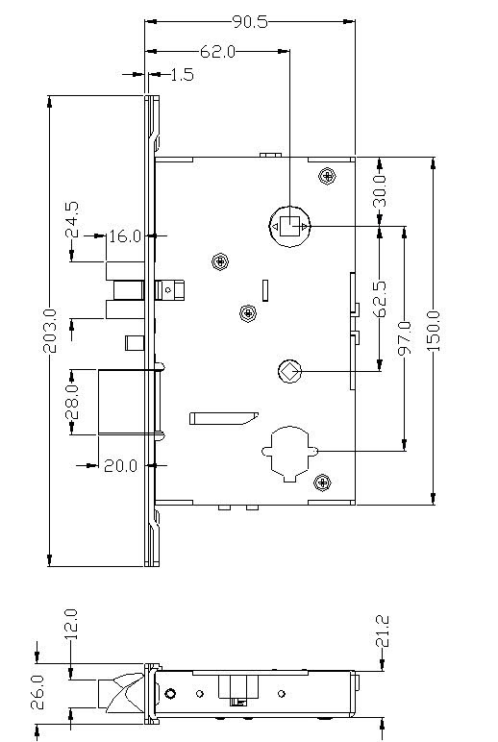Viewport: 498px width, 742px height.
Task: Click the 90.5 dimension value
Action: (250, 22)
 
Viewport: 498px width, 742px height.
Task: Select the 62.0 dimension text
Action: (218, 52)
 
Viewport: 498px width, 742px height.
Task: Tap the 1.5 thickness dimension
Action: (183, 75)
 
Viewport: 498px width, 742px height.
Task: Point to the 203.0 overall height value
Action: (50, 331)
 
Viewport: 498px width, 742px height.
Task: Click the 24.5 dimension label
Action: (72, 219)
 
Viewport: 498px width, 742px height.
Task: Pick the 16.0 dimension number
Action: (125, 236)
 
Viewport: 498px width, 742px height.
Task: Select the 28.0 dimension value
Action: (72, 402)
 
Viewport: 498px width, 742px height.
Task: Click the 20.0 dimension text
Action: (121, 466)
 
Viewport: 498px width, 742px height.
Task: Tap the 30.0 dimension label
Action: (380, 190)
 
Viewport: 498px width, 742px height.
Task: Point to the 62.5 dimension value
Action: (380, 299)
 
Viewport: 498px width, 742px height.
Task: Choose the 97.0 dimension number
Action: (405, 337)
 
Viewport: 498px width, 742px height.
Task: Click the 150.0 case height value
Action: (434, 332)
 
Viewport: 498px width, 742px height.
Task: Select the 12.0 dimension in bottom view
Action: (70, 625)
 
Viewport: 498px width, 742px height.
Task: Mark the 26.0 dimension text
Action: (37, 692)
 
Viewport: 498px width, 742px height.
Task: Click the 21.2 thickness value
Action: (382, 631)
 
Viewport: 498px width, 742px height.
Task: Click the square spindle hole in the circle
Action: (289, 226)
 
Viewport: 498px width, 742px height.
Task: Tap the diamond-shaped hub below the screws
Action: (289, 371)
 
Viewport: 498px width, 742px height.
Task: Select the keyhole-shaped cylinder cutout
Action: (289, 453)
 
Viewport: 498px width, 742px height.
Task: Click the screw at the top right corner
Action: (327, 177)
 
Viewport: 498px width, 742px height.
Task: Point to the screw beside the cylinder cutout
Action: (322, 482)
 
